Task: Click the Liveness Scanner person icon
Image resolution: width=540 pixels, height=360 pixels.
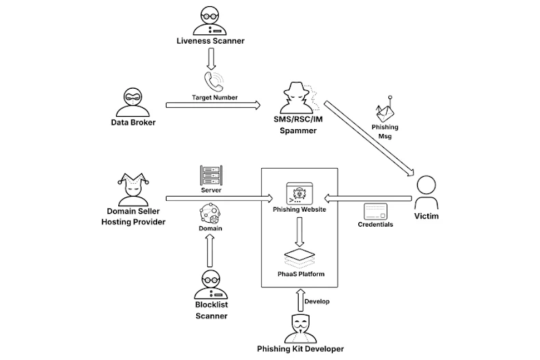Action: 210,20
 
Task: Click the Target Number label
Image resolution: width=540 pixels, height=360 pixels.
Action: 215,98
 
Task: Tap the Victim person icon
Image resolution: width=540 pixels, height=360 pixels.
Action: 426,193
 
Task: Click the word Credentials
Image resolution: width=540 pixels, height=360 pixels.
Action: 375,224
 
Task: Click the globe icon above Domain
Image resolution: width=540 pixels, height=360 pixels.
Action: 210,214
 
